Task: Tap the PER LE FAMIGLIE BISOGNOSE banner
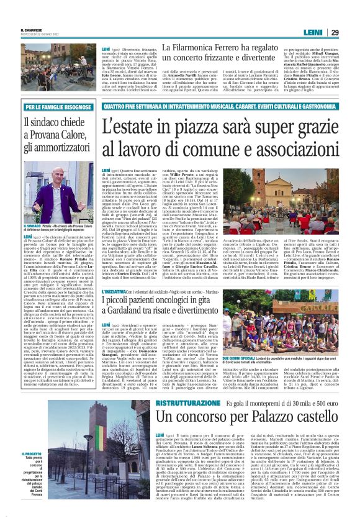[x=57, y=108]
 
